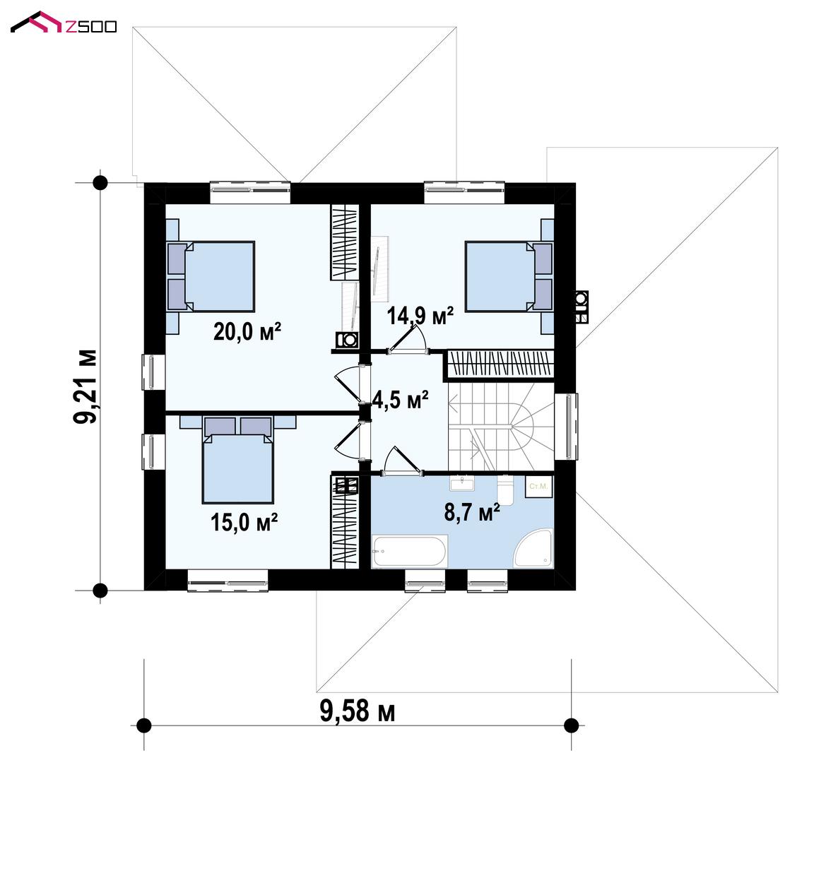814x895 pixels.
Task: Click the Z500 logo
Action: tap(64, 23)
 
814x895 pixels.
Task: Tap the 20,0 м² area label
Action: tap(247, 332)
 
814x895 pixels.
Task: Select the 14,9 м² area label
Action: tap(420, 316)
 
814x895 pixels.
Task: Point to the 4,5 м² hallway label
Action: tap(400, 400)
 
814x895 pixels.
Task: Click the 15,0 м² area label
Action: tap(244, 522)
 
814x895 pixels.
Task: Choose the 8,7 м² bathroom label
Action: tap(472, 513)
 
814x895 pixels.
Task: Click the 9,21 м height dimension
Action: tap(85, 386)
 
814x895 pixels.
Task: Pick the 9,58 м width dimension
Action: tap(358, 711)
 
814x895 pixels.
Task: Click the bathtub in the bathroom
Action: tap(409, 552)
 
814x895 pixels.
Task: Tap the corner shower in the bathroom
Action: tap(534, 549)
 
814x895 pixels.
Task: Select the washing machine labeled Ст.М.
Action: tap(538, 486)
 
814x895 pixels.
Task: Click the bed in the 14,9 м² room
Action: tap(509, 276)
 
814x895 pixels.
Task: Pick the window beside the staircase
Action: tap(566, 427)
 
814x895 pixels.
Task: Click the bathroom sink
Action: tap(462, 483)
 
